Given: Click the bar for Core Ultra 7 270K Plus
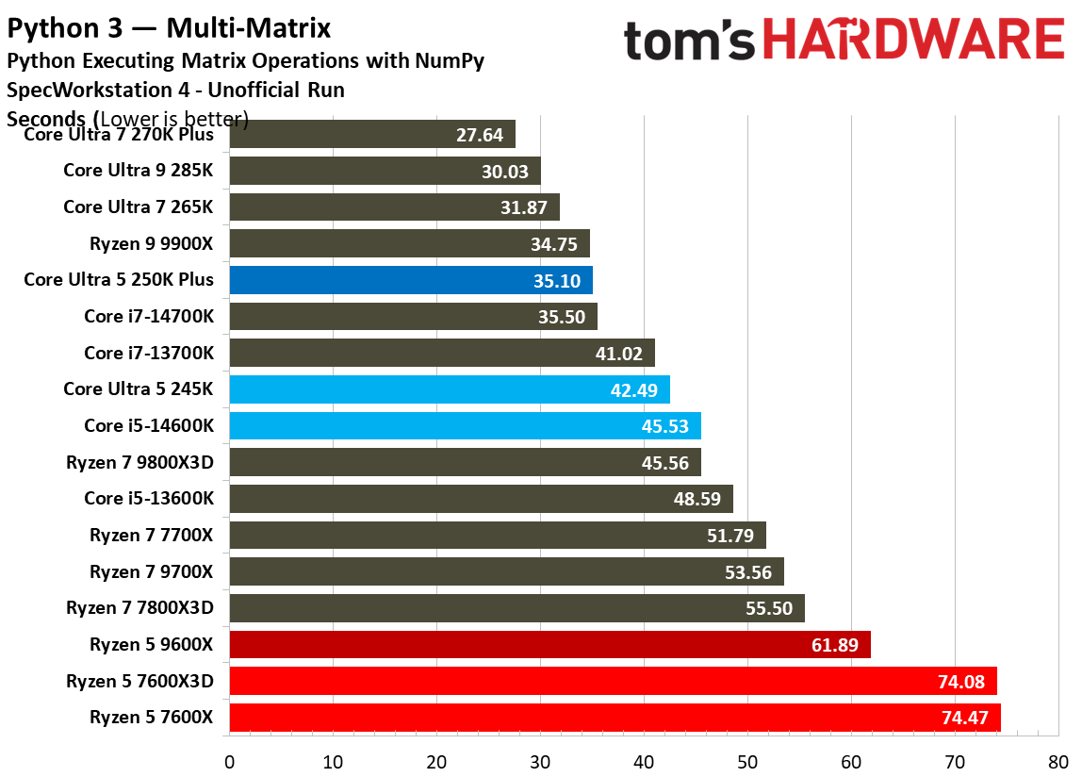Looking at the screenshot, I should tap(371, 134).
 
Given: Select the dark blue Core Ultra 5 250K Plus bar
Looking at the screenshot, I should tap(410, 280).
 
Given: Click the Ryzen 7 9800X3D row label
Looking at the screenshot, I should tap(139, 463).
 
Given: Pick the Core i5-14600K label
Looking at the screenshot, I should tap(148, 426).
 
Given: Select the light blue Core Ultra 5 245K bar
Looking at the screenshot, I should tap(449, 389).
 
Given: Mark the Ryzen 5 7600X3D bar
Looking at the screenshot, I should tap(613, 681).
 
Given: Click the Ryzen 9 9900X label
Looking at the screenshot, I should tap(151, 243).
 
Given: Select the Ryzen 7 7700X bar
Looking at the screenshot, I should tap(497, 536).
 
